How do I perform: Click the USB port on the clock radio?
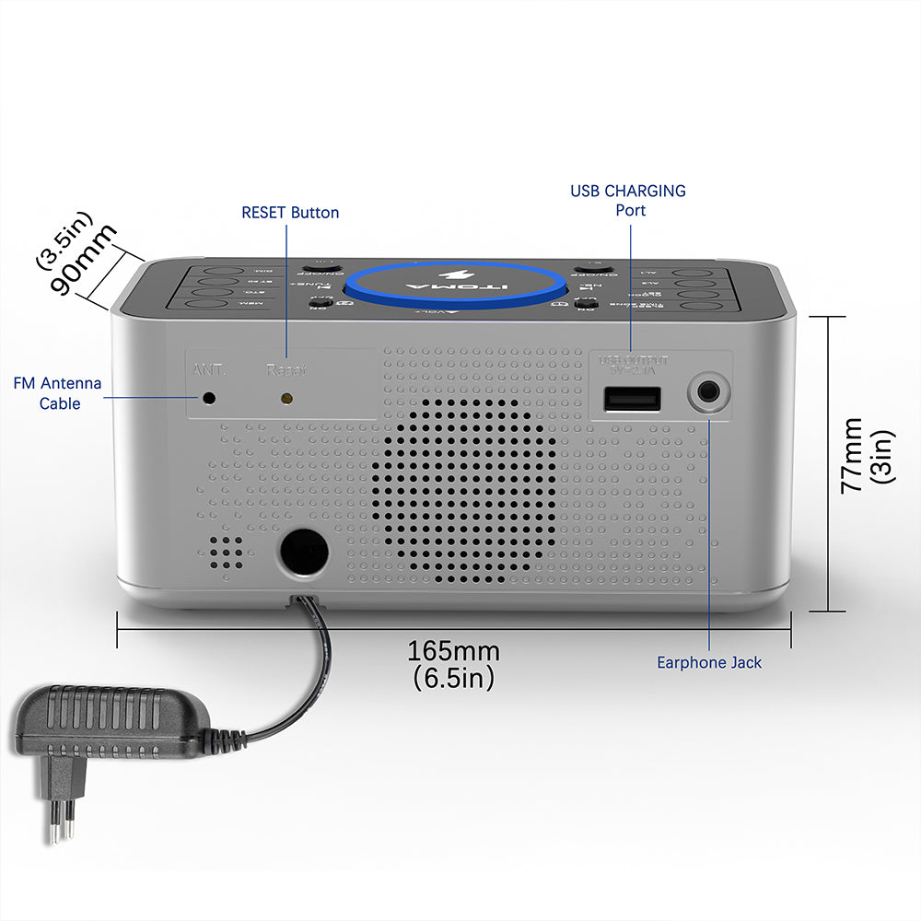[x=632, y=398]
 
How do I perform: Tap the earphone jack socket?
[x=710, y=394]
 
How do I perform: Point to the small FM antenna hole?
[x=209, y=398]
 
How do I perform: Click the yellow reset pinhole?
[x=286, y=399]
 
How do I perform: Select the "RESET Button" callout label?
[x=290, y=213]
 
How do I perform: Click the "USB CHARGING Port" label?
[x=628, y=201]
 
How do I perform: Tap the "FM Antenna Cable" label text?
[x=58, y=393]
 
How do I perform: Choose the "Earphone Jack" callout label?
[x=709, y=662]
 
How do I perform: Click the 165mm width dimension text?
[x=453, y=651]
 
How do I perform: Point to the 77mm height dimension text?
[x=853, y=455]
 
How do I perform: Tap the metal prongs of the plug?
[x=61, y=820]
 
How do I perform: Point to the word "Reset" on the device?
[x=286, y=370]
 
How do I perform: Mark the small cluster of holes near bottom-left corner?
[x=224, y=551]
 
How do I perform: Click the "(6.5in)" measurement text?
[x=453, y=679]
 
